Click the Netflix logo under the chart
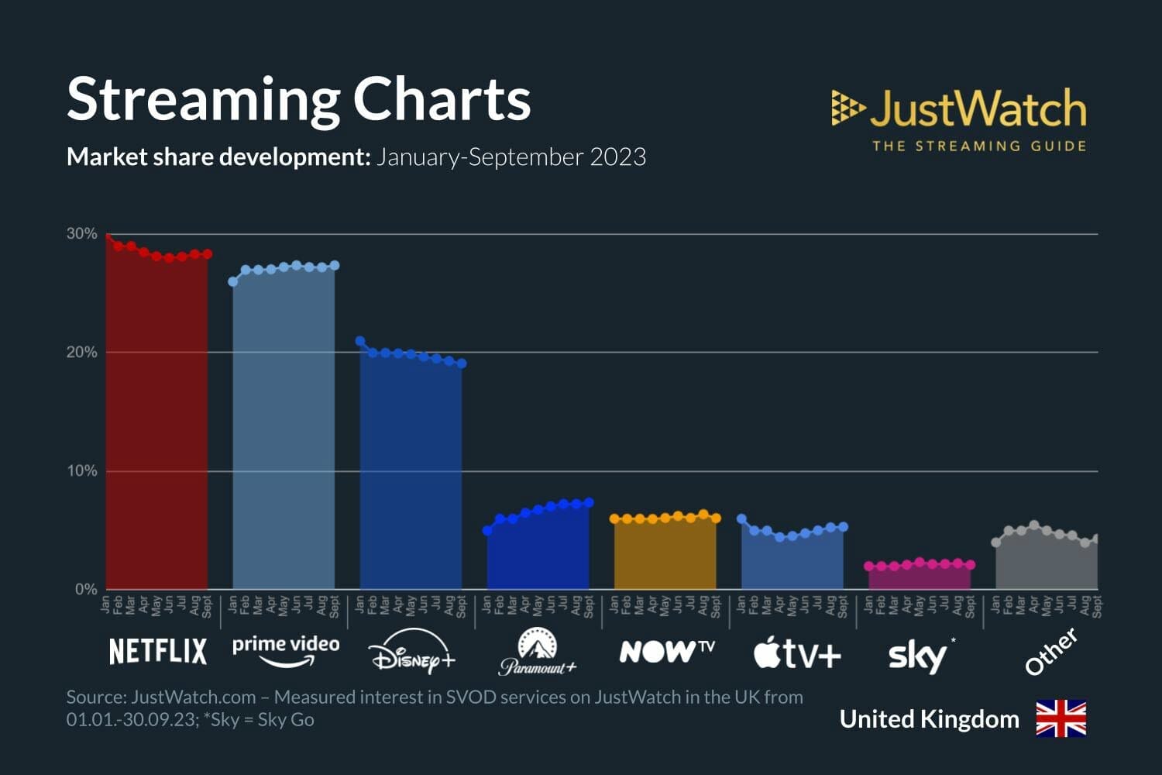click(x=158, y=651)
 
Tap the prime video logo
click(x=286, y=649)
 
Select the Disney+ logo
click(x=411, y=653)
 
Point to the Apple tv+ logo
click(x=797, y=653)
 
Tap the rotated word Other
click(x=1051, y=652)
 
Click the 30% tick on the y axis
click(x=81, y=233)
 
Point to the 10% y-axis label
click(x=81, y=470)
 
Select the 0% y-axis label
click(x=85, y=589)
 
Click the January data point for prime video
click(x=233, y=281)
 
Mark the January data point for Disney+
click(x=360, y=341)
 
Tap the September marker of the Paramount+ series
click(x=589, y=503)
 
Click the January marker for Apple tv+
click(x=741, y=518)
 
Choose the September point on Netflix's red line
click(x=207, y=254)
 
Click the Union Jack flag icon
click(x=1061, y=718)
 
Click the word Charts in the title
click(x=442, y=99)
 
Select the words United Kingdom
click(x=929, y=719)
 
